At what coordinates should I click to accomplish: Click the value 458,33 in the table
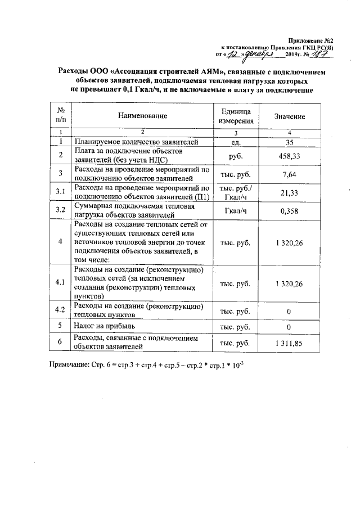tap(289, 155)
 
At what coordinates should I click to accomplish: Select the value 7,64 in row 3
tap(289, 174)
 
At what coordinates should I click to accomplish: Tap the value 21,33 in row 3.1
tap(289, 192)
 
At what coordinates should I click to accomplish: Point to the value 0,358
tap(289, 211)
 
